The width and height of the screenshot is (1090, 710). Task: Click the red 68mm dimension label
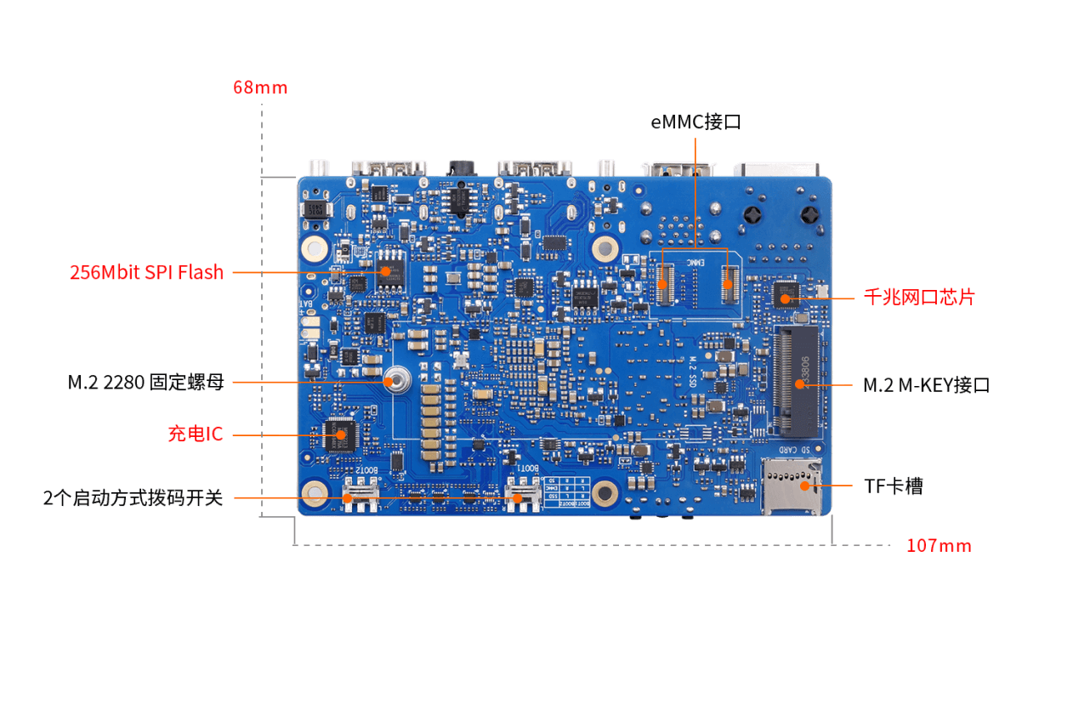click(260, 88)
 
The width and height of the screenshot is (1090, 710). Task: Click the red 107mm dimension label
click(939, 546)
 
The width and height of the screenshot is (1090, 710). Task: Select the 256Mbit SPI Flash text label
click(146, 273)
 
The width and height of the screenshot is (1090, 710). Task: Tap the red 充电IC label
click(195, 434)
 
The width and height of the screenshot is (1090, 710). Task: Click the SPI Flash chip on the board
click(389, 270)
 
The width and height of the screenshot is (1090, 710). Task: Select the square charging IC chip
click(340, 435)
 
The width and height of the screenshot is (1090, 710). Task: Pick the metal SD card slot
click(792, 486)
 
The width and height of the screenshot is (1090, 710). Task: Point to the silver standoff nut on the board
click(395, 381)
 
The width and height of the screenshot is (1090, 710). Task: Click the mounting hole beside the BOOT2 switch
click(314, 492)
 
